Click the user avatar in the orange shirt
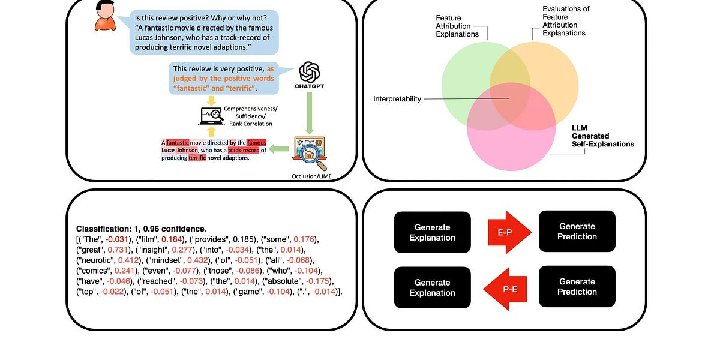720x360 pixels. pyautogui.click(x=105, y=16)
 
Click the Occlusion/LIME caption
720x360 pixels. pyautogui.click(x=310, y=176)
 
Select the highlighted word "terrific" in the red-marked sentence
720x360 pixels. pyautogui.click(x=197, y=158)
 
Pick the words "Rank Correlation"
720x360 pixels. pyautogui.click(x=254, y=123)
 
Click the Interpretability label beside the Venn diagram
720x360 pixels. pyautogui.click(x=397, y=99)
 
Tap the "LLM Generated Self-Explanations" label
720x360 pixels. pyautogui.click(x=602, y=136)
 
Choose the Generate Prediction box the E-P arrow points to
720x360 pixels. pyautogui.click(x=577, y=231)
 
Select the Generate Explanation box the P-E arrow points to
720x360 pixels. pyautogui.click(x=432, y=287)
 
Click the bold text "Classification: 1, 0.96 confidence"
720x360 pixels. pyautogui.click(x=141, y=229)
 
